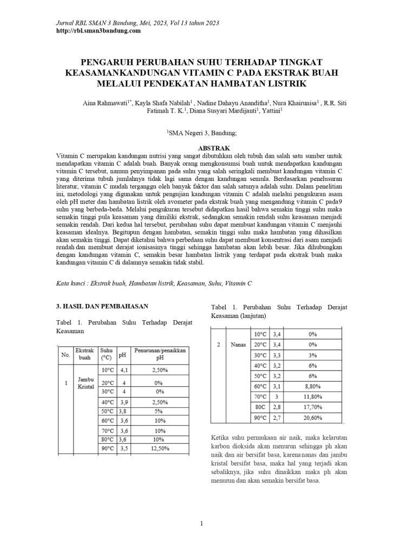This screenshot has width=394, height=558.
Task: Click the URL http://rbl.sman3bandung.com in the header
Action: pyautogui.click(x=98, y=31)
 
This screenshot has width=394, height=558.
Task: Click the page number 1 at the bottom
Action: pyautogui.click(x=201, y=523)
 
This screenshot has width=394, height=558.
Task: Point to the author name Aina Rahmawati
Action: pyautogui.click(x=105, y=102)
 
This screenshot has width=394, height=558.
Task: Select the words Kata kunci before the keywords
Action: pyautogui.click(x=72, y=283)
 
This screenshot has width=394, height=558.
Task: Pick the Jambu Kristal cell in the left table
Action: pyautogui.click(x=86, y=383)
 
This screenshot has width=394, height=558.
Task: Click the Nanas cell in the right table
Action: pyautogui.click(x=238, y=345)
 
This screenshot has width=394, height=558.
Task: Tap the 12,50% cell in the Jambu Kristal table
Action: pyautogui.click(x=160, y=449)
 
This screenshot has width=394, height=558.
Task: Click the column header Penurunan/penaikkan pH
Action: pyautogui.click(x=160, y=354)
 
